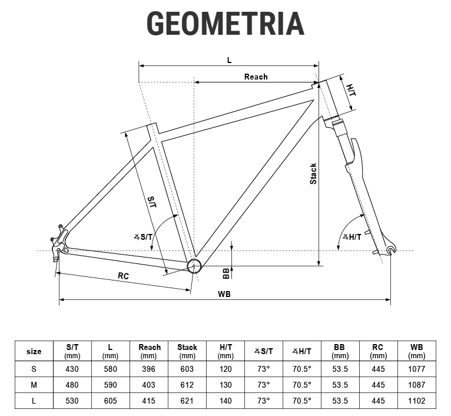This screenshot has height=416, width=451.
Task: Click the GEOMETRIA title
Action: [x=225, y=24]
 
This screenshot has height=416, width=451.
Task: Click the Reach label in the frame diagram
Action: [x=256, y=77]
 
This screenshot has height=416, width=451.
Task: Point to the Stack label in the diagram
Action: [x=313, y=174]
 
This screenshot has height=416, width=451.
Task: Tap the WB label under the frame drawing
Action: [x=224, y=294]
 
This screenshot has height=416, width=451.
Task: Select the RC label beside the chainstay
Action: [x=124, y=276]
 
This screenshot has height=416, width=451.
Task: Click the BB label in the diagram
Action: [x=226, y=273]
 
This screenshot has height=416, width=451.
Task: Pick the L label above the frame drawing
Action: [x=229, y=60]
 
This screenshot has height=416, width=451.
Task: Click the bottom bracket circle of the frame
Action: [x=194, y=266]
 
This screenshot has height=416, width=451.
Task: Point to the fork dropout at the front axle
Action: [x=390, y=250]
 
